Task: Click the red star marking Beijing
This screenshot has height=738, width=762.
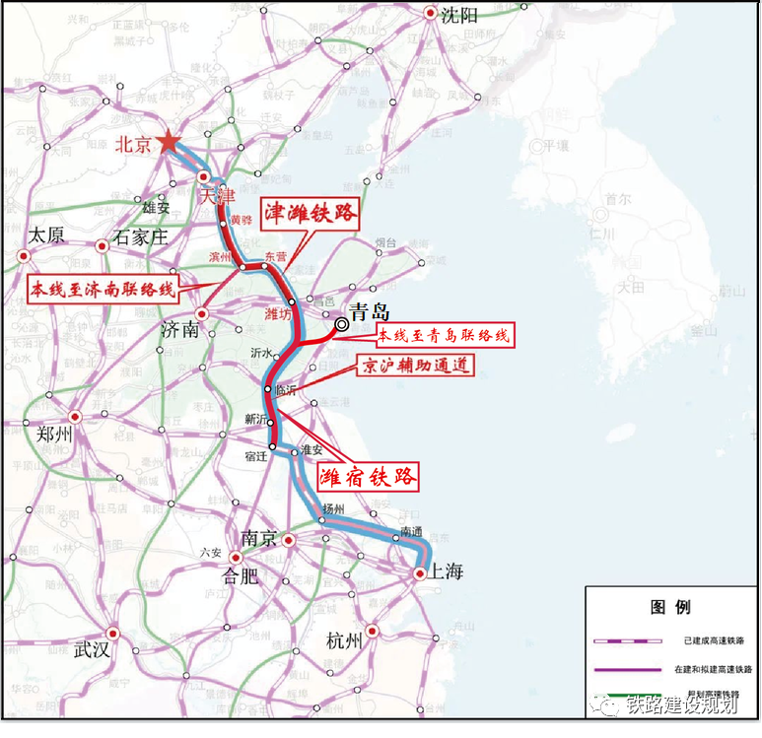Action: pos(169,143)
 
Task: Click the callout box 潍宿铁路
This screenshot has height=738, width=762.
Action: pos(368,477)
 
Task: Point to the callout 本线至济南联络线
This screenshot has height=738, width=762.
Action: pos(102,290)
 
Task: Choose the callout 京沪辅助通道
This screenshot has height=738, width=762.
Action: pos(414,366)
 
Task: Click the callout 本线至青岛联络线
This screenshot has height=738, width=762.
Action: pos(444,336)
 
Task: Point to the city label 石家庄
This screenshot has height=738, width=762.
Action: pos(142,236)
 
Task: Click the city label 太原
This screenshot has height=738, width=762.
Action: pos(46,236)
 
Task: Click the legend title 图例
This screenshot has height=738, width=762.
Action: pos(670,606)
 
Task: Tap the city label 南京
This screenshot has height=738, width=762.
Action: pos(260,540)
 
